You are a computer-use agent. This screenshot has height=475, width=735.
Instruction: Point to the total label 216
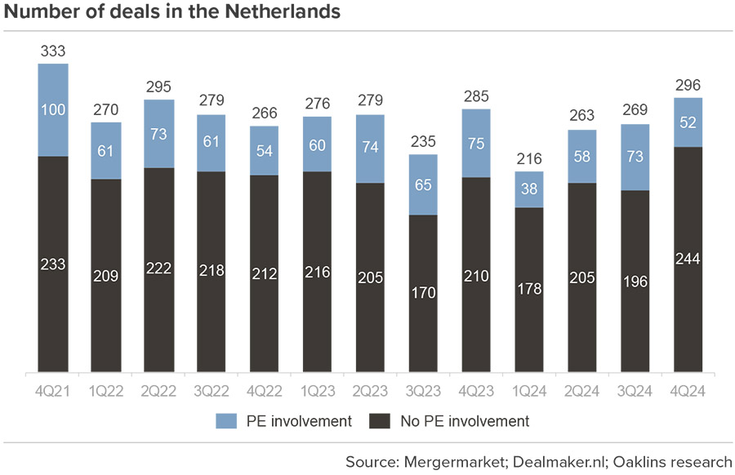pyautogui.click(x=528, y=160)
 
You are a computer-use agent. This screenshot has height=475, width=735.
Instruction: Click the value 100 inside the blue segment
pyautogui.click(x=52, y=109)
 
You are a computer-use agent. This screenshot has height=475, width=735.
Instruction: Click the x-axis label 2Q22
pyautogui.click(x=158, y=390)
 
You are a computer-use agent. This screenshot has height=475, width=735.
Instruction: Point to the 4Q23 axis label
pyautogui.click(x=475, y=390)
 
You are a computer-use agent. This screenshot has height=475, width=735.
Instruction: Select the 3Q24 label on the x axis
pyautogui.click(x=634, y=390)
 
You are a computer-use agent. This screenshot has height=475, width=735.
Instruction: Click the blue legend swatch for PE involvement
pyautogui.click(x=225, y=421)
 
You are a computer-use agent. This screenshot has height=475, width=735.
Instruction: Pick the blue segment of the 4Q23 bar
pyautogui.click(x=475, y=143)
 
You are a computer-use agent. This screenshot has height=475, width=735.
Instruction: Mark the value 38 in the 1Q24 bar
pyautogui.click(x=528, y=189)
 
